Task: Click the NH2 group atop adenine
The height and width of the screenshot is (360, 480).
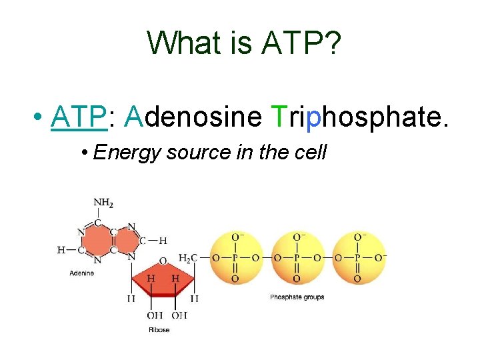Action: (x=103, y=203)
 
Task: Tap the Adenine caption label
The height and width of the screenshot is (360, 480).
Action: (x=82, y=273)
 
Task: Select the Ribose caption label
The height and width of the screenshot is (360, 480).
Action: (x=159, y=329)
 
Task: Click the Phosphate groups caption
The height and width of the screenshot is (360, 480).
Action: (x=297, y=297)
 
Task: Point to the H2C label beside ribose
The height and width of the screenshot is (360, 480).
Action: (x=188, y=257)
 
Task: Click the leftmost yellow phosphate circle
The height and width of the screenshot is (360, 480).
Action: (x=235, y=257)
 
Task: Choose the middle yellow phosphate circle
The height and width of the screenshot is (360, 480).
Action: (x=297, y=257)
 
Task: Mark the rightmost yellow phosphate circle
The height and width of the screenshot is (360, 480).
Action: (x=358, y=257)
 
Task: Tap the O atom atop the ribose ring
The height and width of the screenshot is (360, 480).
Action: (x=163, y=261)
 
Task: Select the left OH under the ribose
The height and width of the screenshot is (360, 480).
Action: (x=155, y=315)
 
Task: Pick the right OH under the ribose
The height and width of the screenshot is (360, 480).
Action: (x=179, y=315)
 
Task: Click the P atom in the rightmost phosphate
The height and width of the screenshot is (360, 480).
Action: (x=358, y=257)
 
